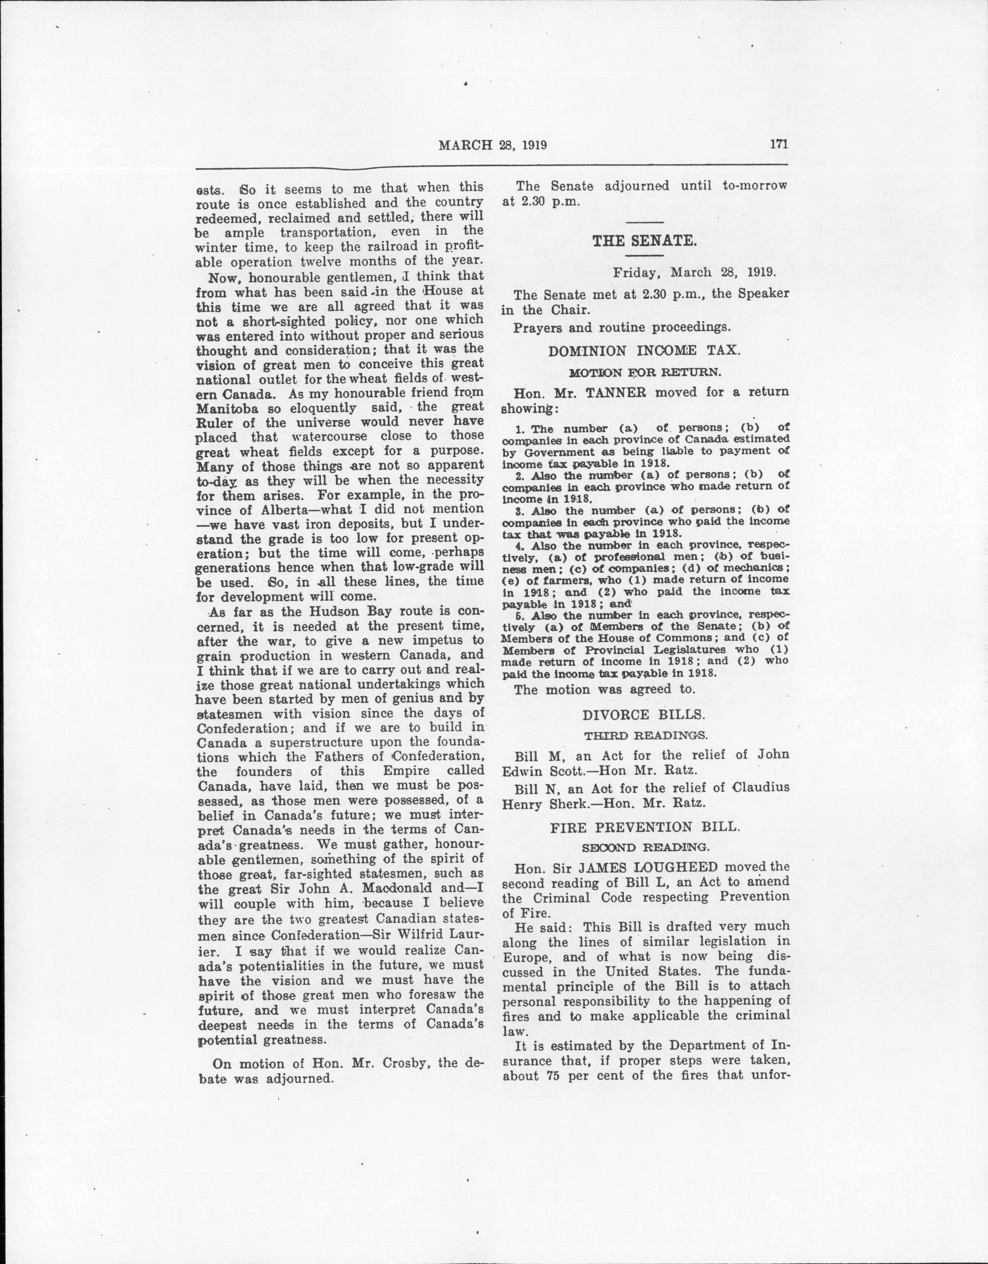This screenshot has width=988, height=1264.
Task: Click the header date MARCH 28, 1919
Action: (493, 145)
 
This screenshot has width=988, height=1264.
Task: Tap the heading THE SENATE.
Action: (644, 241)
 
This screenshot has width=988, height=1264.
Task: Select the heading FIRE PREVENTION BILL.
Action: (645, 826)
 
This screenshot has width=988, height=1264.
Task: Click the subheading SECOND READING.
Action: (645, 847)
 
